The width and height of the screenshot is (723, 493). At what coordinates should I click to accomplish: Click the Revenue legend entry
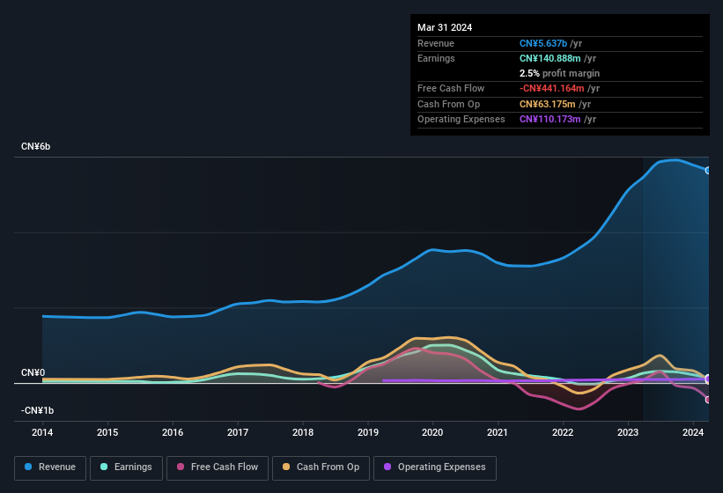(51, 467)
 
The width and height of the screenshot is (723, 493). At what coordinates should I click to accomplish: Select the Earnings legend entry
(127, 467)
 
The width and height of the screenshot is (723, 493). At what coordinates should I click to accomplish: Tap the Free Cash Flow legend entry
(218, 467)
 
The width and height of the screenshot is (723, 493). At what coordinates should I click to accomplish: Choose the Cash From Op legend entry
(321, 467)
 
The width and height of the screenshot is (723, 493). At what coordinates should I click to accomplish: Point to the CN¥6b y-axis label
(36, 146)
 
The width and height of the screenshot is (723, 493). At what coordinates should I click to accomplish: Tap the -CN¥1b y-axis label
(38, 411)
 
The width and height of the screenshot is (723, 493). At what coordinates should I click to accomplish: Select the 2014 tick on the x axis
(42, 432)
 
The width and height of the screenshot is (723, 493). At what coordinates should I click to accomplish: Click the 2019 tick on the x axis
(367, 432)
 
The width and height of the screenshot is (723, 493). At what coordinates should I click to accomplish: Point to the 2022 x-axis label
(563, 432)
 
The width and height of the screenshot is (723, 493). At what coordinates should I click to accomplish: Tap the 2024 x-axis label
(692, 432)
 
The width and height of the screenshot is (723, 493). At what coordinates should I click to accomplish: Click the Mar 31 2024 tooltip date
(445, 27)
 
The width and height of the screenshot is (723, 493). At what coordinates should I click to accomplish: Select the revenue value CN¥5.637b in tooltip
(543, 43)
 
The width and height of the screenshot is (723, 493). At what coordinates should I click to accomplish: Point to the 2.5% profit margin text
(559, 73)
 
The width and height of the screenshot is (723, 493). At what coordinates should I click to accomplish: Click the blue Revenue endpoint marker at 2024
(708, 170)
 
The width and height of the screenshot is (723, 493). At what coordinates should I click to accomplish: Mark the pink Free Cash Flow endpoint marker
(708, 400)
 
